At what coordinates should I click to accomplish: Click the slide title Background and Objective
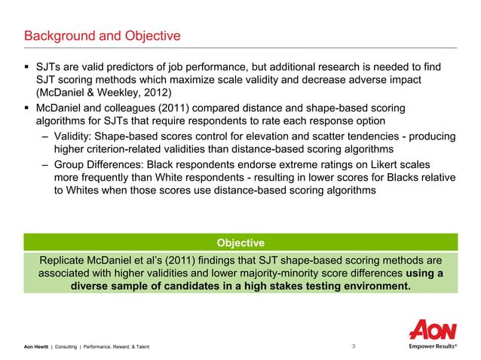[103, 36]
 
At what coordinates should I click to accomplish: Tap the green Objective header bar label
[240, 243]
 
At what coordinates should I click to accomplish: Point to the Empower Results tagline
[433, 346]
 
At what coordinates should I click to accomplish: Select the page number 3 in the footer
[354, 346]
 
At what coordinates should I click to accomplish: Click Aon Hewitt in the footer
[35, 346]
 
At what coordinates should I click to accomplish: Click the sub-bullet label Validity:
[78, 136]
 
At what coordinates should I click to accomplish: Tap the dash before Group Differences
[47, 163]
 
